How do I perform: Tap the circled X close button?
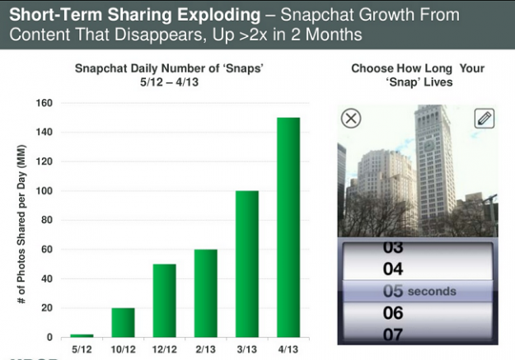pyautogui.click(x=351, y=119)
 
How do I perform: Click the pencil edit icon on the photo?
pyautogui.click(x=484, y=118)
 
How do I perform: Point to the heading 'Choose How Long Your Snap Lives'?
pyautogui.click(x=418, y=76)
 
